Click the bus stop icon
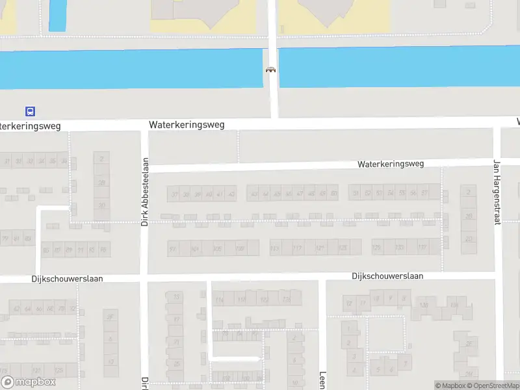pos(31,111)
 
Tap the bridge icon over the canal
pos(270,70)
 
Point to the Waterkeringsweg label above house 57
pos(390,164)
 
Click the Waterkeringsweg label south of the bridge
pos(186,124)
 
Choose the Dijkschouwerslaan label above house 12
pos(387,276)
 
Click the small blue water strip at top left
pos(57,15)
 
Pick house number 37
pos(174,194)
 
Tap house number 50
pos(333,193)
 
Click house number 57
pos(424,193)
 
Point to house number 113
pos(276,248)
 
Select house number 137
pos(421,248)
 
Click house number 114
pos(220,300)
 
